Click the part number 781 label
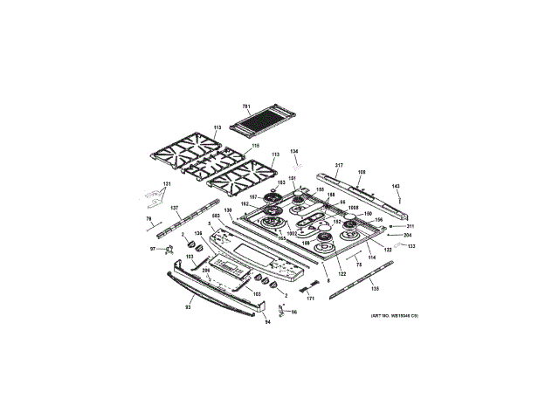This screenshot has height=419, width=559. tap(246, 106)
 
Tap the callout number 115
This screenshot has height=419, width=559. tap(256, 145)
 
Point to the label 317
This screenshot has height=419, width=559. tap(339, 165)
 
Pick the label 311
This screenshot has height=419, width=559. tap(409, 226)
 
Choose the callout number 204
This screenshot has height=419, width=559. tap(407, 235)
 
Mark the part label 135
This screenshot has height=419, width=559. tap(376, 287)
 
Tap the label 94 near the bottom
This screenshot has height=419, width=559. tap(268, 322)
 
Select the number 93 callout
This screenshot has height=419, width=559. tap(187, 306)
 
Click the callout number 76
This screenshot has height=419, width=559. tap(148, 218)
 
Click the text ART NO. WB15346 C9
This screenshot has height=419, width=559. tap(394, 315)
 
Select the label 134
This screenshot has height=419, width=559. tap(294, 150)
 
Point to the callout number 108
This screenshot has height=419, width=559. tap(361, 171)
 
